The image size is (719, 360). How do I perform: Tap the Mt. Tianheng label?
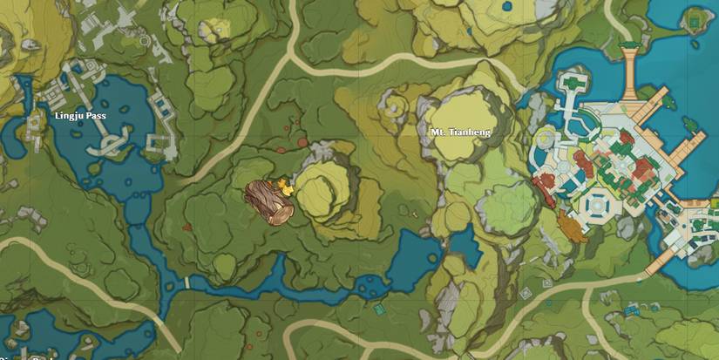pyautogui.click(x=460, y=132)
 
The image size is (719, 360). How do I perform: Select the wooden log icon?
pyautogui.click(x=268, y=203)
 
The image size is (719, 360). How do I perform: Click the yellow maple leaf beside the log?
pyautogui.click(x=284, y=185)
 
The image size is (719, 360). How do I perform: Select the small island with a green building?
pyautogui.click(x=695, y=18)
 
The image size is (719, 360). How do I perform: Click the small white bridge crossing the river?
pyautogui.click(x=187, y=282)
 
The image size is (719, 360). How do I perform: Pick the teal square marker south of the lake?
pyautogui.click(x=378, y=308)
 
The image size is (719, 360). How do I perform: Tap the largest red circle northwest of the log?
pyautogui.click(x=302, y=143)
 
